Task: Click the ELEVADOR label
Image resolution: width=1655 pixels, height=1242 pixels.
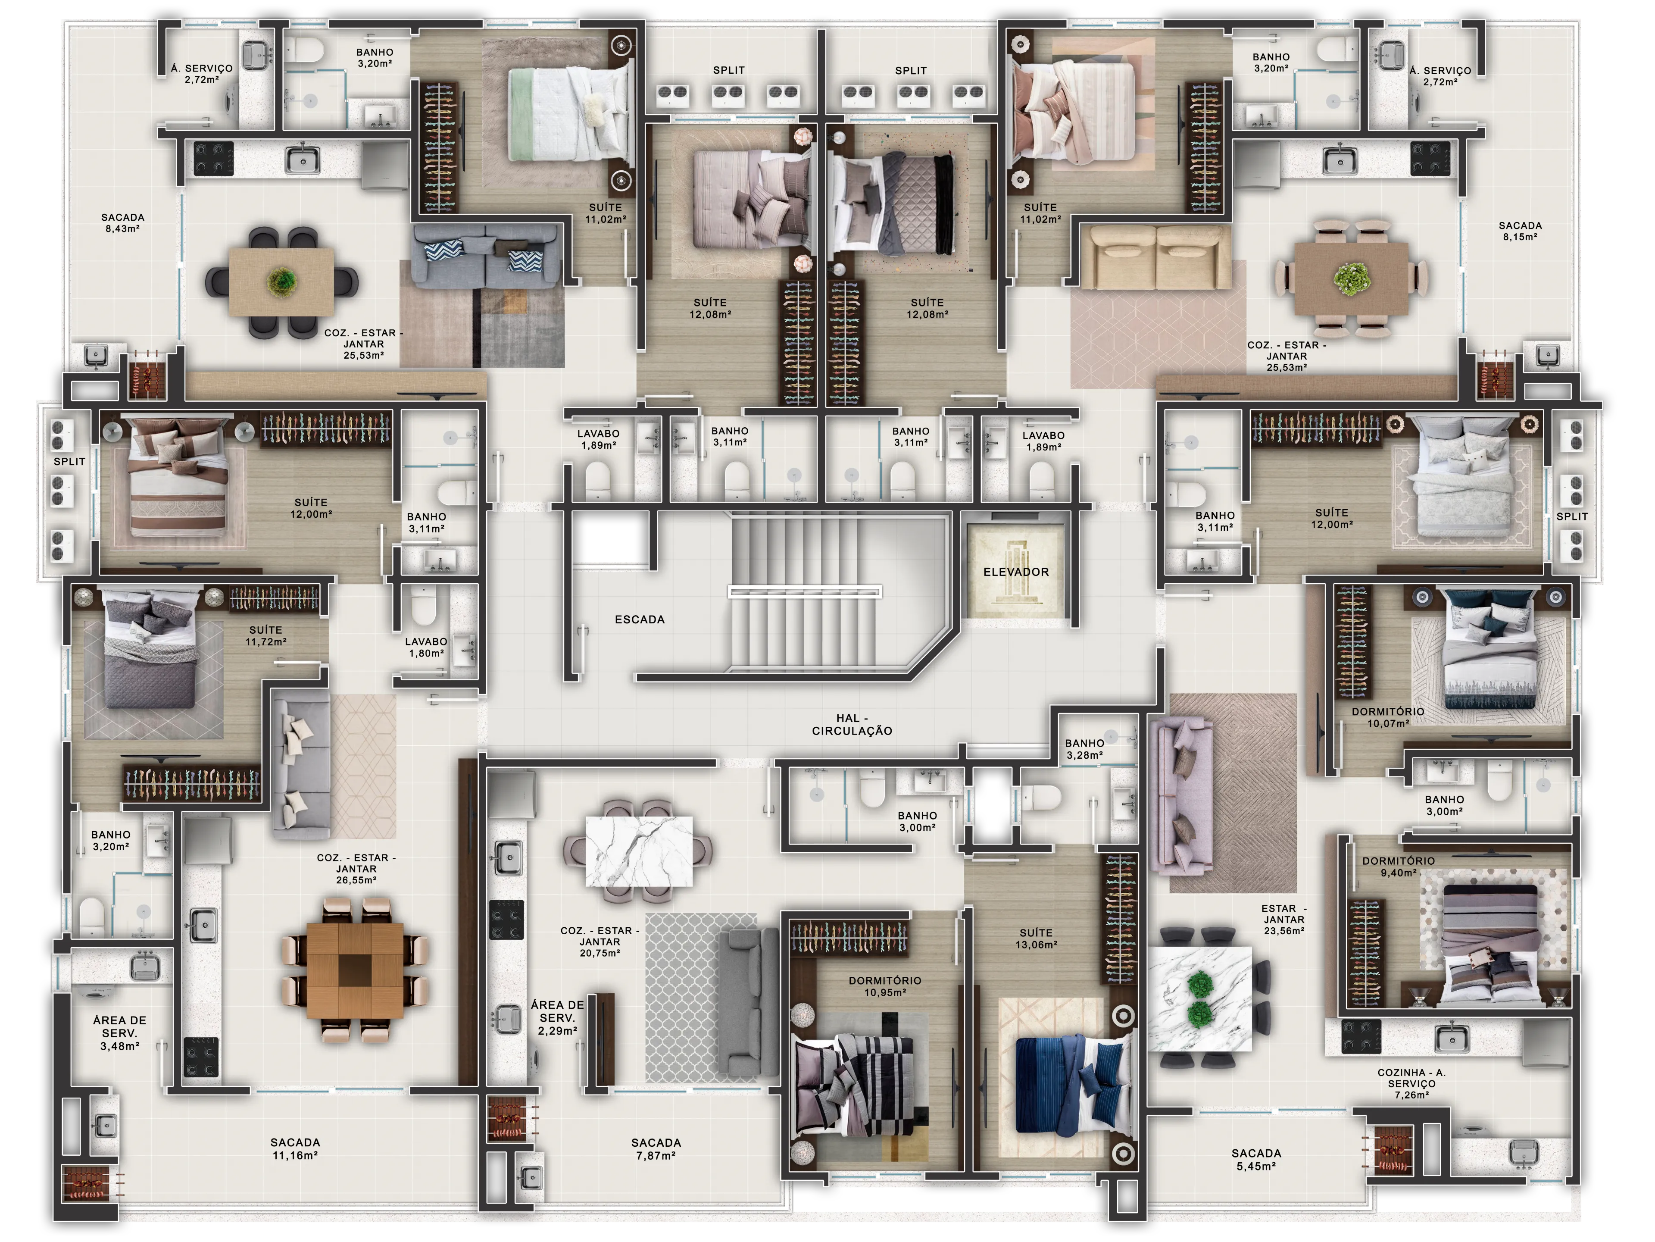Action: coord(1015,572)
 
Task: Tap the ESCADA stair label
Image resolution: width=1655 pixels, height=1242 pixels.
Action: coord(640,619)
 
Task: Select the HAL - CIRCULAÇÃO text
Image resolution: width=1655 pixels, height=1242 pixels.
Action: coord(852,724)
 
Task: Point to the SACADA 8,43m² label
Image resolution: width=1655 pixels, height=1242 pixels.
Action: coord(123,223)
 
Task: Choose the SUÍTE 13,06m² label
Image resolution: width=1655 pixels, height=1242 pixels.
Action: coord(1036,938)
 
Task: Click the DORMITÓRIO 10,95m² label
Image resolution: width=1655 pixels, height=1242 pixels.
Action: coord(885,986)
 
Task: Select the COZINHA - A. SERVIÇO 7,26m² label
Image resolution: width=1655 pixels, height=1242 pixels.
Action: coord(1412,1083)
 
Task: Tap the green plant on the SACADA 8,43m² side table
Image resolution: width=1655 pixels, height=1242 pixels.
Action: coord(282,282)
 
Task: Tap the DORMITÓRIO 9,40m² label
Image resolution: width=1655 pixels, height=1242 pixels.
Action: coord(1399,867)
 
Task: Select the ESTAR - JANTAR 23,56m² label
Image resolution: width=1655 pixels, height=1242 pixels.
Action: coord(1284,920)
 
